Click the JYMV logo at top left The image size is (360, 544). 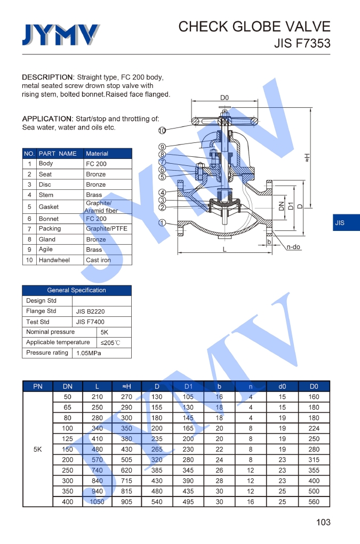(x=60, y=35)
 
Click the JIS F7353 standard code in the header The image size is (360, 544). (x=302, y=44)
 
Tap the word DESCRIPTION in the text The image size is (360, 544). (x=47, y=77)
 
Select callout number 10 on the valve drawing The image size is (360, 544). (x=162, y=130)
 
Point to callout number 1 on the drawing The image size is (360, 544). (x=162, y=223)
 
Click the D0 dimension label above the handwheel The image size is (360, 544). (x=225, y=98)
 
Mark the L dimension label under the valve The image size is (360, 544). (x=225, y=250)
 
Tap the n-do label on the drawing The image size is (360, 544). (x=294, y=247)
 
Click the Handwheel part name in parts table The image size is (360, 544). (x=54, y=260)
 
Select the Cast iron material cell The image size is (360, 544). (x=98, y=260)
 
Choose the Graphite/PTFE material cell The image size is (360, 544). (x=107, y=229)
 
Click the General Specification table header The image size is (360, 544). (x=76, y=290)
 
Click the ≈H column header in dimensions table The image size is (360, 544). (x=126, y=386)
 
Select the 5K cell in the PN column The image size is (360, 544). (x=37, y=450)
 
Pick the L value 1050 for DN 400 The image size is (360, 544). (x=97, y=502)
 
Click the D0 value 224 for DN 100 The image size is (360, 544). (x=314, y=428)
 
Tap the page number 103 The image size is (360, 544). (x=323, y=522)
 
